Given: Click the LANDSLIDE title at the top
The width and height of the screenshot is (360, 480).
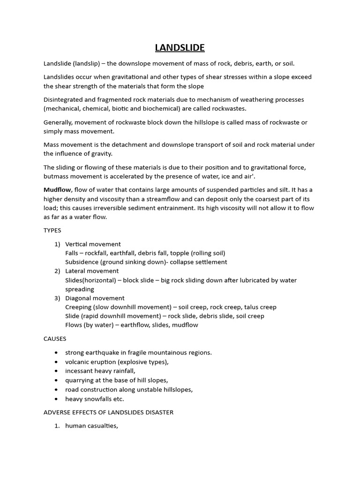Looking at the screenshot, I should (x=180, y=48).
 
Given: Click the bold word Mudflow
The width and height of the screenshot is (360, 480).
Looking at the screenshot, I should (x=57, y=189).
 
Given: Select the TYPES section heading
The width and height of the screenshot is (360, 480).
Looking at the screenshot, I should (x=52, y=231).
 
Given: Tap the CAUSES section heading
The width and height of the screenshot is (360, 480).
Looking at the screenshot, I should (x=55, y=338).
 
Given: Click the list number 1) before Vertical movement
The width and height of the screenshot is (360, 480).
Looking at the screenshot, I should (x=57, y=244).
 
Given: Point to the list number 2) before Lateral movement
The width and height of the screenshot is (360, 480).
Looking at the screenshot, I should (x=57, y=271).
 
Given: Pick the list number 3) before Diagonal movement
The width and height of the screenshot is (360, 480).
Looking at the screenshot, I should (x=57, y=298).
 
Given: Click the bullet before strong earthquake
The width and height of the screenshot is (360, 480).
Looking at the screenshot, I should (x=57, y=352).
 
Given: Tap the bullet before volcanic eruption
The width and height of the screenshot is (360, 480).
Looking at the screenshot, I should (x=57, y=362).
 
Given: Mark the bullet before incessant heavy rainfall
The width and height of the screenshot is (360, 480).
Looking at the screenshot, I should (x=57, y=371).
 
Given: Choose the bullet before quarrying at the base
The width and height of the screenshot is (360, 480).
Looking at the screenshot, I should (x=57, y=380).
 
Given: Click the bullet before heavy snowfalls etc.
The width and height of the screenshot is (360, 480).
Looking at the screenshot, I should (x=57, y=399).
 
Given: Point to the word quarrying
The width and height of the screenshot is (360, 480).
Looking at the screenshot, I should (x=80, y=380).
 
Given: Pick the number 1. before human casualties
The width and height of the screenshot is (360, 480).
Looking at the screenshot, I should (x=57, y=426).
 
